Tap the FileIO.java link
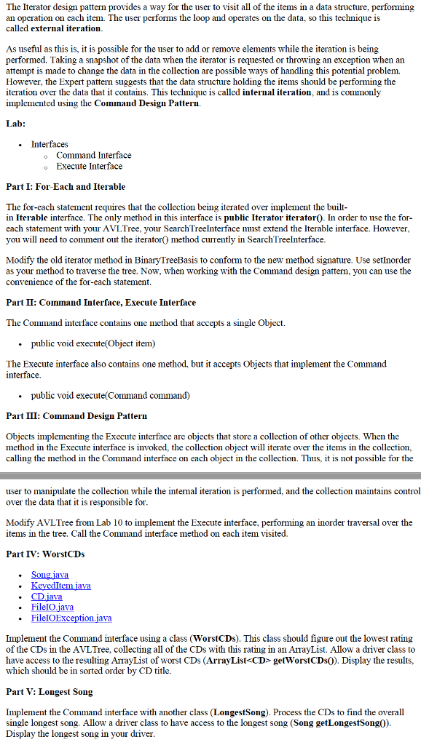pyautogui.click(x=52, y=607)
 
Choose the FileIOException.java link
pyautogui.click(x=71, y=618)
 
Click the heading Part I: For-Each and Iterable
pyautogui.click(x=66, y=187)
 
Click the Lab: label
pyautogui.click(x=15, y=124)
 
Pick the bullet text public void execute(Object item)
pyautogui.click(x=93, y=343)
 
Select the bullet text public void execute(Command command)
pyautogui.click(x=110, y=396)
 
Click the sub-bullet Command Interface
pyautogui.click(x=93, y=155)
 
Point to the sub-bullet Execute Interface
pyautogui.click(x=89, y=166)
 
